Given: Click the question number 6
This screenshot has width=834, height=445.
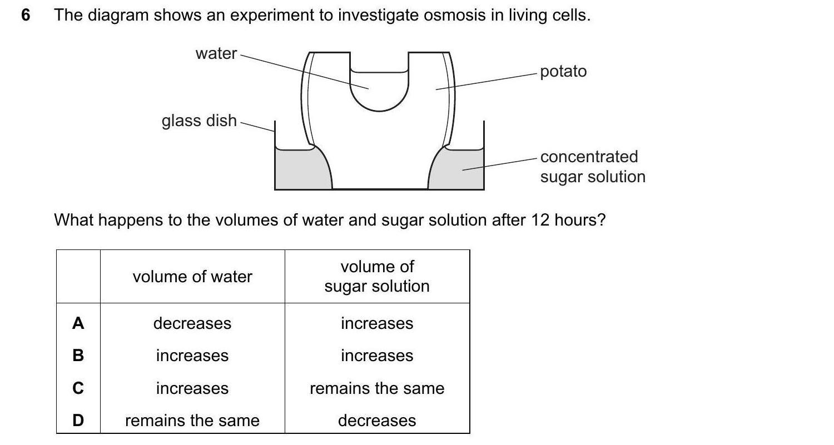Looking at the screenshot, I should [26, 16].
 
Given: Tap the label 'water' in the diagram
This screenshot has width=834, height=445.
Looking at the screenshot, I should [216, 53].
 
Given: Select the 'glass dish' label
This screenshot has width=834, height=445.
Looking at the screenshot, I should [199, 121].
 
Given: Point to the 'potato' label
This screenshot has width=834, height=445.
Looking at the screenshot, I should [563, 72].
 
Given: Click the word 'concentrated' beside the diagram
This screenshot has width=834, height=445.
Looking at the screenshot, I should [589, 157].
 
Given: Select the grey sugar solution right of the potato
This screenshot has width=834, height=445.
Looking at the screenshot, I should [459, 169].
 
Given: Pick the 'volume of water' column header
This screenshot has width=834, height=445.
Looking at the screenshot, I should [192, 277].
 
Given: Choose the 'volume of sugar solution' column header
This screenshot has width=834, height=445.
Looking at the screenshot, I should [377, 276].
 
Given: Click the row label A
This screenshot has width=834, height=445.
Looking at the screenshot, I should [78, 323].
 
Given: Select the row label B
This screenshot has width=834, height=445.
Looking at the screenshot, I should [78, 356].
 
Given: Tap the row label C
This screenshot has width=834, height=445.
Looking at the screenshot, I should [78, 388].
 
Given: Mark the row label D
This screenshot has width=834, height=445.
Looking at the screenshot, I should [78, 421].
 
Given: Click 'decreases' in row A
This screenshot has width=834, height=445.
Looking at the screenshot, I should [192, 323].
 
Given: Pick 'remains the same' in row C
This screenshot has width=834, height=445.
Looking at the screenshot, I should [377, 388].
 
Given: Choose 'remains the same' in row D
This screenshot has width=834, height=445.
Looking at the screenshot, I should [192, 421].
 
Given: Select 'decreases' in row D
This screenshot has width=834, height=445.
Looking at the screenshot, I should [377, 421].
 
